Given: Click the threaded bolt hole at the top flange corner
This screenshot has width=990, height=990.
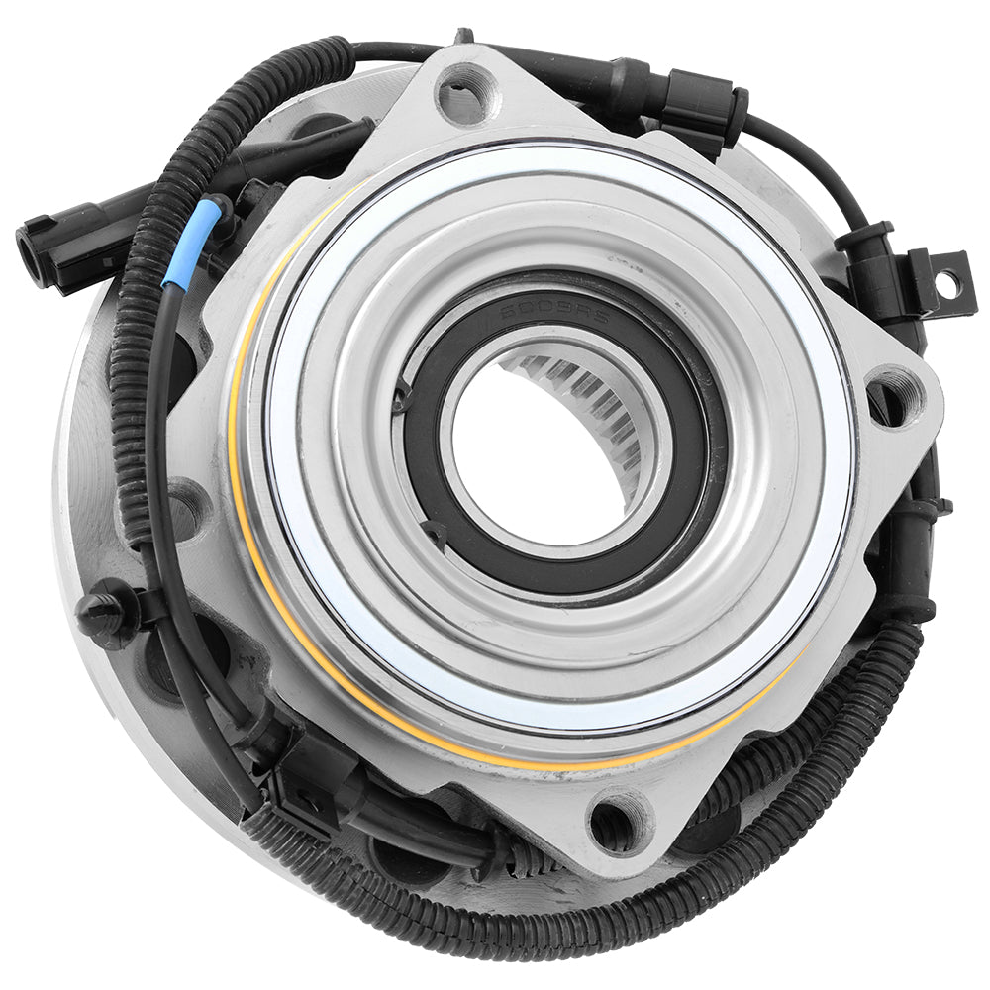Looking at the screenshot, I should (x=465, y=95).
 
